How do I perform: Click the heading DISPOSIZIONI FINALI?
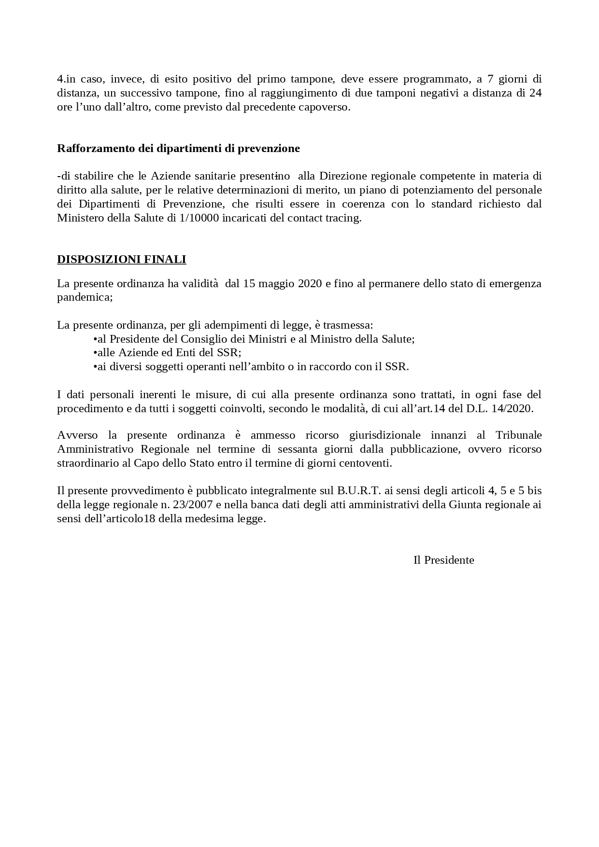(121, 259)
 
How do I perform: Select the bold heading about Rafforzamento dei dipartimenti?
(178, 148)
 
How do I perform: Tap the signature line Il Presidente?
(443, 560)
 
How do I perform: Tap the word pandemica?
(84, 297)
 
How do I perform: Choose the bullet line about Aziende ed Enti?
(167, 352)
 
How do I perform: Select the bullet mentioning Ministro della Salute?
(254, 339)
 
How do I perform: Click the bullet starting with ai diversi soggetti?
(251, 366)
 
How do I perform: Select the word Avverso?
(77, 435)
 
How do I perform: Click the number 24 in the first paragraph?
(535, 93)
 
